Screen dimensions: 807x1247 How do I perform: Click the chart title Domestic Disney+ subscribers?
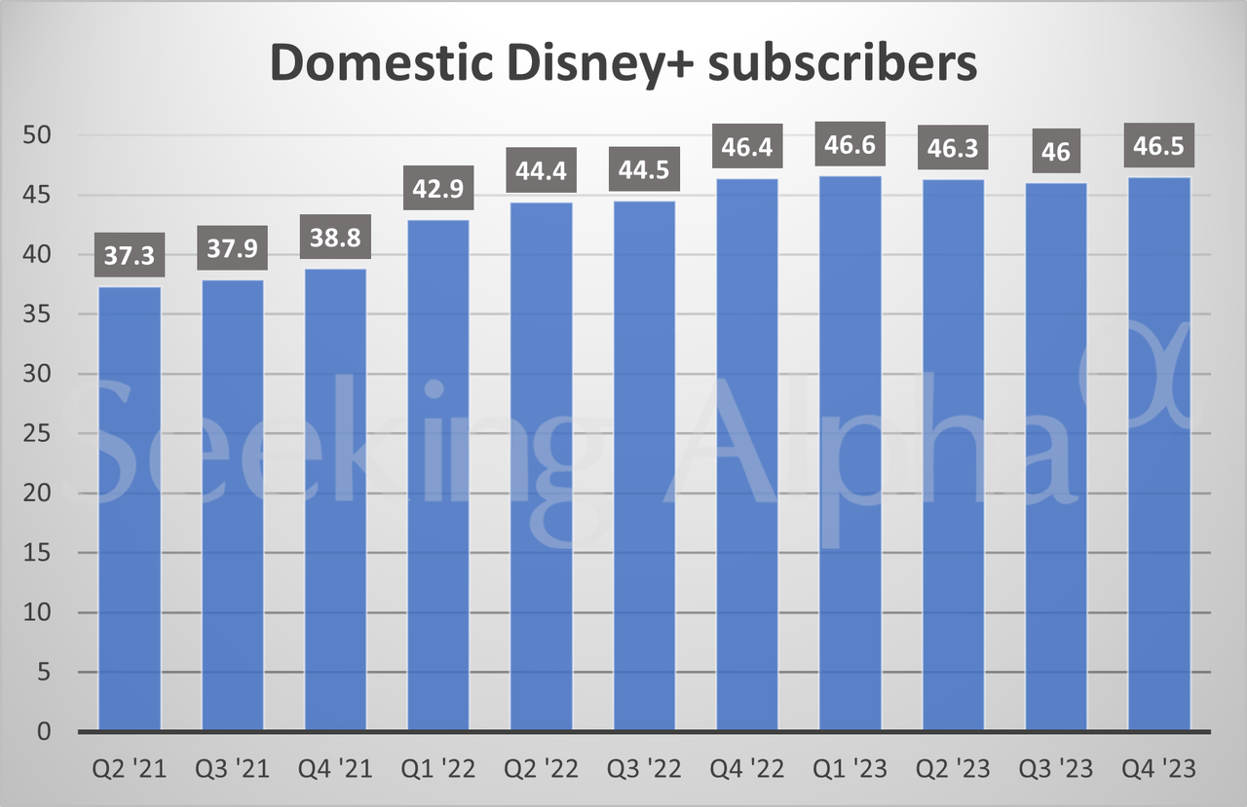623,63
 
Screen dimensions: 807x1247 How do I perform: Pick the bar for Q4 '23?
1158,454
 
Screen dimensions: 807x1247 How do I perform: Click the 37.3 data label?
130,258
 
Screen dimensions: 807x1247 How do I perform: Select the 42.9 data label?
438,191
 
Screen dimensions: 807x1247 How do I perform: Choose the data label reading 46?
1055,152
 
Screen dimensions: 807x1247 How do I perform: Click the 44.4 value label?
541,172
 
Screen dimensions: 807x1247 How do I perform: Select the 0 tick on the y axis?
43,731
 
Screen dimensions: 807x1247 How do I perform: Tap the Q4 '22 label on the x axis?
746,770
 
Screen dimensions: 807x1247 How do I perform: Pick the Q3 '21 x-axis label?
233,770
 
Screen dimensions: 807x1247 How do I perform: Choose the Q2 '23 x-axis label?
953,770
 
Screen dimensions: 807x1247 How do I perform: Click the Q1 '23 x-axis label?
850,770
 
